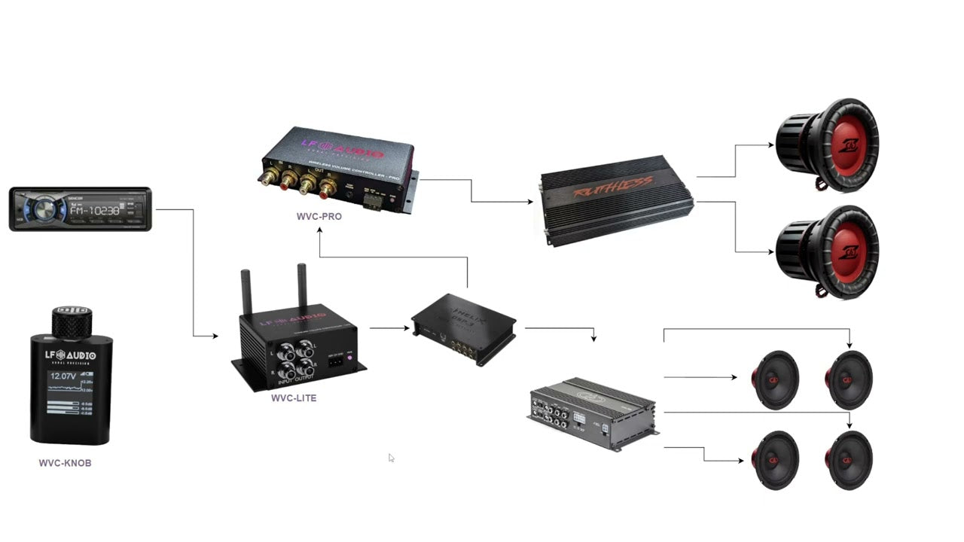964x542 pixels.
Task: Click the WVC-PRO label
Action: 319,217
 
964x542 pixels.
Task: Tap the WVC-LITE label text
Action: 294,398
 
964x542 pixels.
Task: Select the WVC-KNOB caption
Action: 65,463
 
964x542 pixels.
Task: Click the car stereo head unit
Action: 80,209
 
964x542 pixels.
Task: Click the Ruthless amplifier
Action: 617,199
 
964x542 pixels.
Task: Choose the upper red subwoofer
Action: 828,145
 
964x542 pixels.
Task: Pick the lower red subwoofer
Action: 828,251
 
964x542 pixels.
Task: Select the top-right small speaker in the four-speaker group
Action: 849,380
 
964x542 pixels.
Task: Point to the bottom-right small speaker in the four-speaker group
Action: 849,460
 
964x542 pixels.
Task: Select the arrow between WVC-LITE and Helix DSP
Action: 390,328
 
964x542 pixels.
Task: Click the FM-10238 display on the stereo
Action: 94,211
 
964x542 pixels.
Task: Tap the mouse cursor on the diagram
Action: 391,458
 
